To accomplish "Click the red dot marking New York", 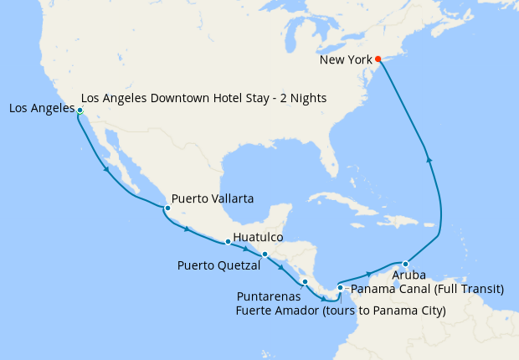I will pyautogui.click(x=378, y=59).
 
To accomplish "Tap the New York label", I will pyautogui.click(x=347, y=60).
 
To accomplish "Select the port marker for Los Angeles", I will pyautogui.click(x=80, y=111).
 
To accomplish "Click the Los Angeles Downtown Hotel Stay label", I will pyautogui.click(x=204, y=98).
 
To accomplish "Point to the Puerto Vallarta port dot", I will pyautogui.click(x=167, y=208).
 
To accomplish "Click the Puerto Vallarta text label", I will pyautogui.click(x=213, y=198).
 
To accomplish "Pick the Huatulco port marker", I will pyautogui.click(x=228, y=242).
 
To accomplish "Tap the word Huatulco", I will pyautogui.click(x=258, y=237).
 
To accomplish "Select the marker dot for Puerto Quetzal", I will pyautogui.click(x=265, y=255).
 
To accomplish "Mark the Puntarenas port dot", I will pyautogui.click(x=306, y=281).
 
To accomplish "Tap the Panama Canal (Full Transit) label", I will pyautogui.click(x=426, y=289).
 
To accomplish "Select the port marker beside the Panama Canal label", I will pyautogui.click(x=340, y=288).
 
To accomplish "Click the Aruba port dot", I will pyautogui.click(x=405, y=264).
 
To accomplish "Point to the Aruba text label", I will pyautogui.click(x=409, y=275).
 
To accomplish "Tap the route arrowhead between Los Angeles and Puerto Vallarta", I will pyautogui.click(x=107, y=171).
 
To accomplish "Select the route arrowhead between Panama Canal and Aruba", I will pyautogui.click(x=369, y=273).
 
